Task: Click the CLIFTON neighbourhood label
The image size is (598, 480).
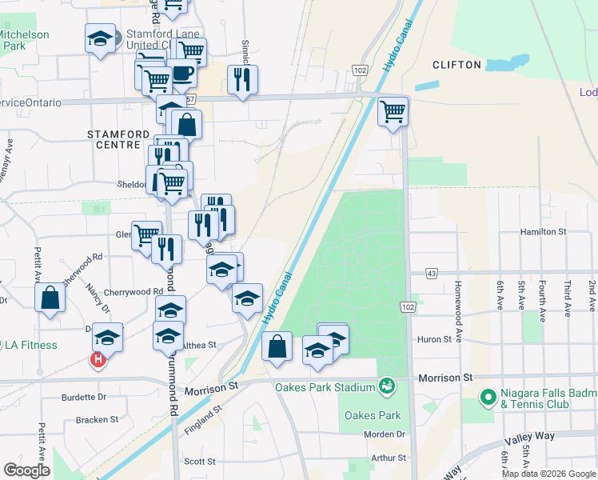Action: point(456,65)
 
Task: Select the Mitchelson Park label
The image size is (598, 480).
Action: point(24,40)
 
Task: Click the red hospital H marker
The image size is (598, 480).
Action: point(98,361)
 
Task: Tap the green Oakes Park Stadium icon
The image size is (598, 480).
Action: point(387,387)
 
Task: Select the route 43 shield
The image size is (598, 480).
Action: point(432,274)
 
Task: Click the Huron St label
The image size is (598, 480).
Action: point(435,339)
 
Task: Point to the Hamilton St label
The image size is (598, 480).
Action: point(544,231)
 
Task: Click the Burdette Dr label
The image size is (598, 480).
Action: point(84,396)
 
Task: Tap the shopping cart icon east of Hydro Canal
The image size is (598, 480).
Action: point(393,112)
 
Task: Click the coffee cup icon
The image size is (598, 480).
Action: point(182,73)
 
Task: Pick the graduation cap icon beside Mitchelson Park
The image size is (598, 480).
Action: point(100,39)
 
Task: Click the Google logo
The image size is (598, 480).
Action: point(27,470)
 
